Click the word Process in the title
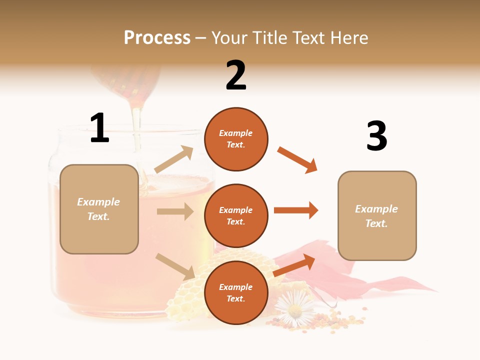(x=157, y=37)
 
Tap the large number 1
(x=99, y=128)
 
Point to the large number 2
(x=236, y=75)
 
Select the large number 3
(x=376, y=136)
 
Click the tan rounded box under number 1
(x=99, y=209)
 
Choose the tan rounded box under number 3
(x=377, y=215)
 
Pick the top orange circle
(x=236, y=139)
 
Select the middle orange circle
(x=236, y=215)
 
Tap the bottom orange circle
(x=236, y=292)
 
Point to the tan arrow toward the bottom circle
(x=175, y=266)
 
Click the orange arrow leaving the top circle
(x=297, y=160)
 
